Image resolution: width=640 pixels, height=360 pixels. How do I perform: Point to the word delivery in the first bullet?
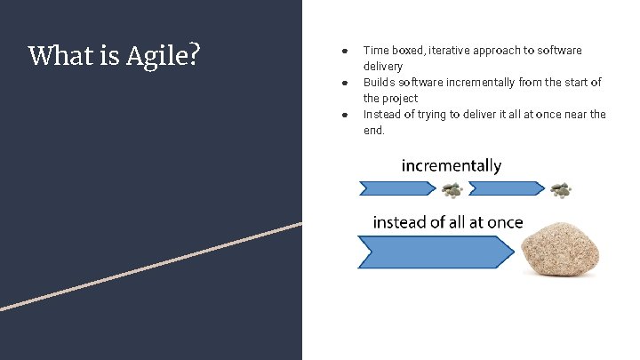tap(382, 67)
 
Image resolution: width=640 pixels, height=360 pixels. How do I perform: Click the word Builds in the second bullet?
tap(380, 83)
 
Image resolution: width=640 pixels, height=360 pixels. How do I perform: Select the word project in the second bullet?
tap(401, 99)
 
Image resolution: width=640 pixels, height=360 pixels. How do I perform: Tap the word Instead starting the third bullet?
tap(383, 115)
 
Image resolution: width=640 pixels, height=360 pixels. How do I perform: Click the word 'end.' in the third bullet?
tap(374, 131)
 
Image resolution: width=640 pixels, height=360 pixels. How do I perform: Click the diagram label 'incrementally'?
tap(452, 166)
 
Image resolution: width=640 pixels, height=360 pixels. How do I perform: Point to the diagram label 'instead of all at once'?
tap(447, 222)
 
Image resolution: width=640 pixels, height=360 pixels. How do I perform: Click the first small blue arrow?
tap(396, 188)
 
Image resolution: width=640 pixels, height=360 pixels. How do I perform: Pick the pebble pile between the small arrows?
tap(452, 189)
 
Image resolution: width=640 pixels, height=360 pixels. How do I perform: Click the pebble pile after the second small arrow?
tap(561, 189)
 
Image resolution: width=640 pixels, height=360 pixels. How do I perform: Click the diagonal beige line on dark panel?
tap(151, 266)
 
